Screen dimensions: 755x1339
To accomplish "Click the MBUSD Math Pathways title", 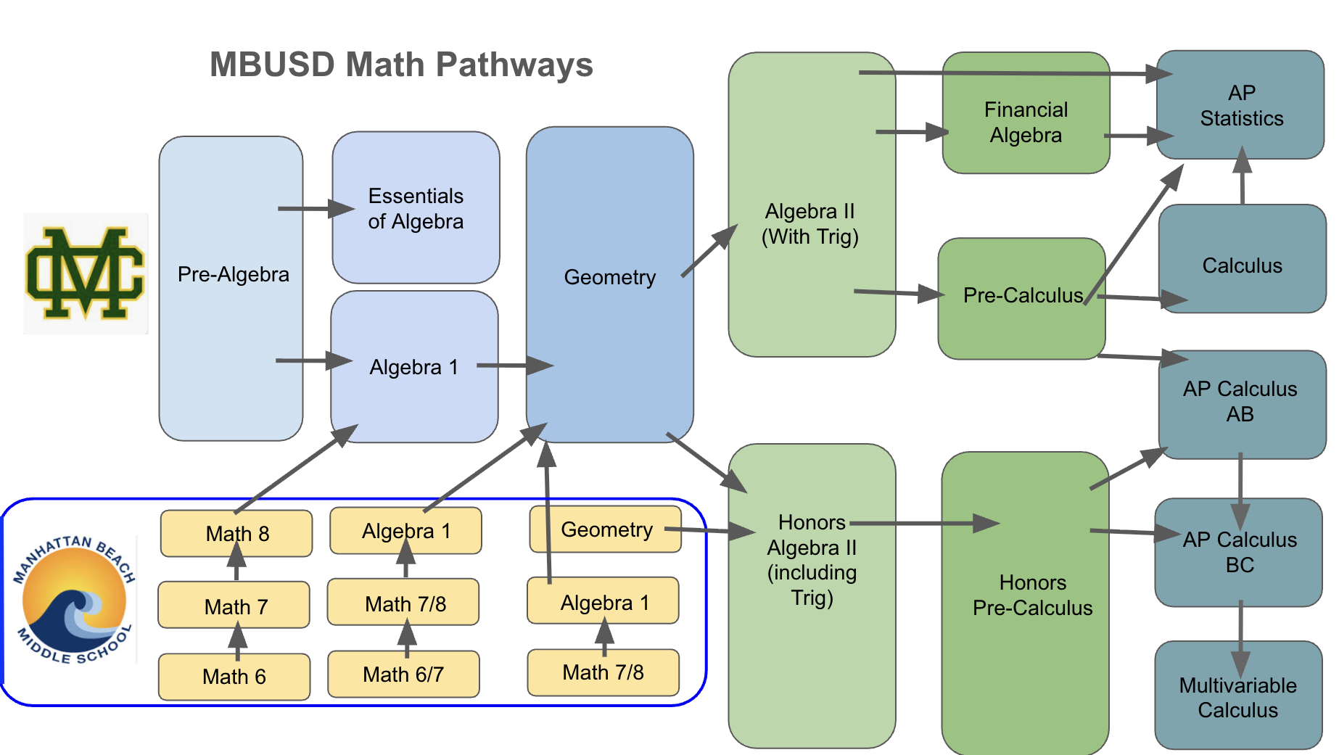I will click(401, 65).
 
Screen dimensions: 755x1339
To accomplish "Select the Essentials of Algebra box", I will click(416, 208).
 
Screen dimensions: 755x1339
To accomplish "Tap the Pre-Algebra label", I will click(233, 274).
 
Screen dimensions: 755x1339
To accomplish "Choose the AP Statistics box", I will click(1241, 105).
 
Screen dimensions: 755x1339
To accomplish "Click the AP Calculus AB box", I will click(1240, 402).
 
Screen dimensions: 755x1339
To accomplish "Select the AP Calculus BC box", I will click(1240, 553).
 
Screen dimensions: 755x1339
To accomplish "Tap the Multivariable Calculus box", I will click(1237, 698).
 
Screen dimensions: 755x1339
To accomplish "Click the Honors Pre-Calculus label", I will click(1032, 595).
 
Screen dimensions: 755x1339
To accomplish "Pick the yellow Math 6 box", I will click(234, 677).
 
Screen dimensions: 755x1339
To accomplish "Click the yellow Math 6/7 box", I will click(403, 674).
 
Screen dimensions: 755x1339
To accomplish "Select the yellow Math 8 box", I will click(237, 534).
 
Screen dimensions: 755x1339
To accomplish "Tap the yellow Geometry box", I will click(606, 529).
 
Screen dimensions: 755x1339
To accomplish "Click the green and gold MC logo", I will click(86, 273).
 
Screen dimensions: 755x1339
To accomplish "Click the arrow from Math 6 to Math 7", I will click(237, 640).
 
